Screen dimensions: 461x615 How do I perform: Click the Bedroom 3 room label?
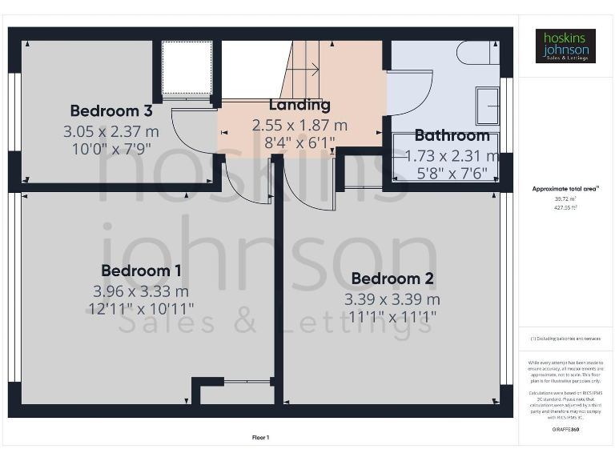pos(111,110)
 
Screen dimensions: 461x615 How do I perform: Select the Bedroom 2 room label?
pos(392,279)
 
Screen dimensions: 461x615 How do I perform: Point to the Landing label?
pos(299,105)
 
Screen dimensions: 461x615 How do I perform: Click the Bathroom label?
pos(452,135)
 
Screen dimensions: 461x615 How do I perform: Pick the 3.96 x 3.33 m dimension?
pos(141,291)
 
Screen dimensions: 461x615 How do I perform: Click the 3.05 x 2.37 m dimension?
pos(111,130)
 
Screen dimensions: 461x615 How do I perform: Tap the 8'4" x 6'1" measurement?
pos(299,144)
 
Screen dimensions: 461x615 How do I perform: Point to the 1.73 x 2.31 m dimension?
pos(452,156)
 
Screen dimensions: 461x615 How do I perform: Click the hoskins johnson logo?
pos(565,46)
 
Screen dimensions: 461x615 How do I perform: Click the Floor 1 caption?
pos(260,437)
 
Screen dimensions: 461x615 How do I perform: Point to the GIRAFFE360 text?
pos(565,430)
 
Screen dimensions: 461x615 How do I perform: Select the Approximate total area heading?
pos(565,189)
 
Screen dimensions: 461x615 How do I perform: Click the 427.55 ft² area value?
pos(565,206)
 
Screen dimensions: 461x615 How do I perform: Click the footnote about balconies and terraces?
pos(565,339)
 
